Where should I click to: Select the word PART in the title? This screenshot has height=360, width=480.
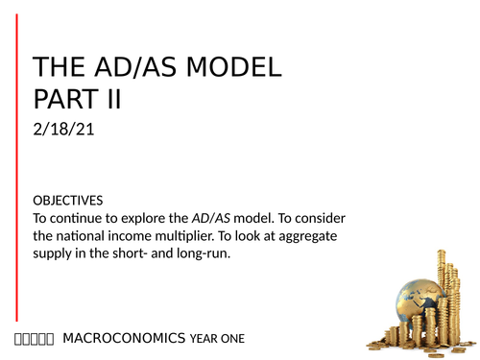pyautogui.click(x=74, y=99)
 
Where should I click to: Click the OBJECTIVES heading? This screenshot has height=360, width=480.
pyautogui.click(x=68, y=201)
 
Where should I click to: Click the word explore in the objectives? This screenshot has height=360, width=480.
pyautogui.click(x=163, y=218)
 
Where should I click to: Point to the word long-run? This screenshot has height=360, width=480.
pyautogui.click(x=213, y=252)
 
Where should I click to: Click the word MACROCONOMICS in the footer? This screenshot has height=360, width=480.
pyautogui.click(x=124, y=338)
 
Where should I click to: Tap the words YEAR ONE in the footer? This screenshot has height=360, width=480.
pyautogui.click(x=218, y=338)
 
